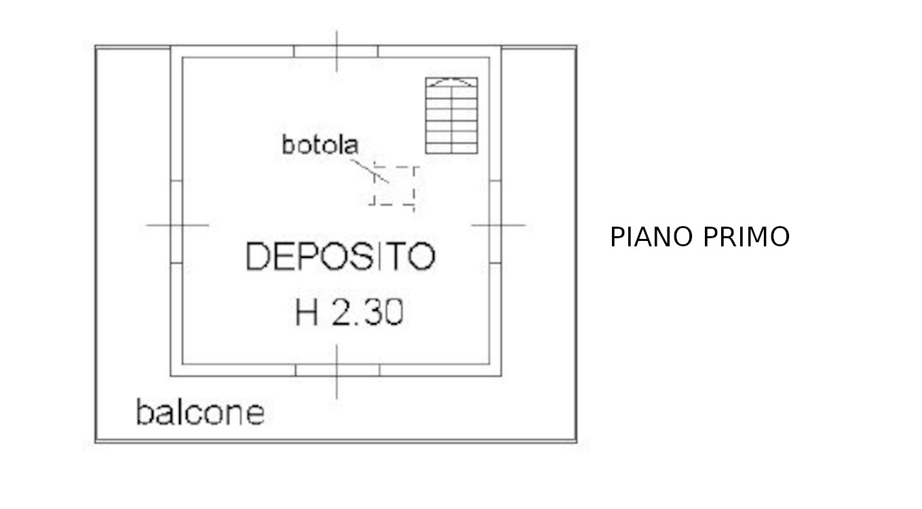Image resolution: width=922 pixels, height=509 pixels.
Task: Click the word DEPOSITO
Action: click(340, 256)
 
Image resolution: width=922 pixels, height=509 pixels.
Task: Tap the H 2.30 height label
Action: click(349, 312)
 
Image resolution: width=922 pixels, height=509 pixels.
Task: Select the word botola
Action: click(320, 145)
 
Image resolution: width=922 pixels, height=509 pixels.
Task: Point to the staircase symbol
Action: click(452, 116)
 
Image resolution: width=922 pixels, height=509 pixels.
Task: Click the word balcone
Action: click(200, 412)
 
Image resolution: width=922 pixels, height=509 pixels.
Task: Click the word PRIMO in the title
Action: click(746, 237)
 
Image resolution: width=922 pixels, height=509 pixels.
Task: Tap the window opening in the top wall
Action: click(336, 52)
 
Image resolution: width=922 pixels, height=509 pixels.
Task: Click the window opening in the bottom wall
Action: click(337, 371)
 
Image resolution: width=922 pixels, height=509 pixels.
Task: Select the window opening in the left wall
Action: click(176, 221)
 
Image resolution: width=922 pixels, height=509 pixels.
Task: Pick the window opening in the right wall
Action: click(495, 221)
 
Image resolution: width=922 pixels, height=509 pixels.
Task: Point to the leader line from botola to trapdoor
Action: click(369, 171)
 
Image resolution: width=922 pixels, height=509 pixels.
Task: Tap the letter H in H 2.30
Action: click(307, 312)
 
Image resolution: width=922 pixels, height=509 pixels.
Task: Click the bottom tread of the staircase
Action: click(452, 148)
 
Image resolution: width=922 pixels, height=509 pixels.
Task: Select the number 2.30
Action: click(368, 312)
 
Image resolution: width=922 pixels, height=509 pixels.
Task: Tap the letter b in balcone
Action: click(143, 412)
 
